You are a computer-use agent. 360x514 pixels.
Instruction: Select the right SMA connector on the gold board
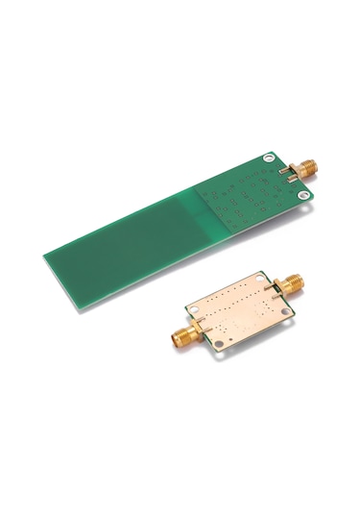286,285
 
